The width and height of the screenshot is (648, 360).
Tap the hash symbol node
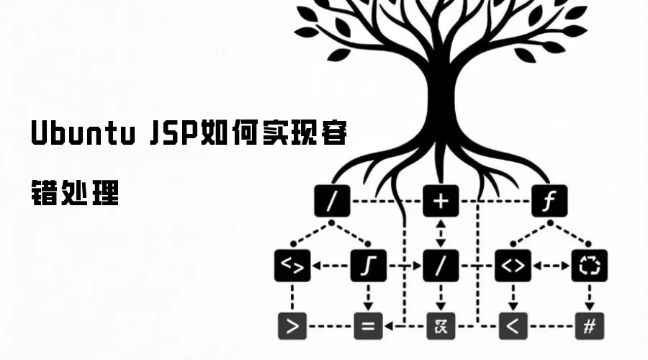[x=588, y=326]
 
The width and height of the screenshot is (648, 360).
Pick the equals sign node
[x=368, y=326]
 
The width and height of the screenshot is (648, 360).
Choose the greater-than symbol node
[x=292, y=326]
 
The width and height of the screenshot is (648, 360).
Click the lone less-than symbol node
[x=513, y=326]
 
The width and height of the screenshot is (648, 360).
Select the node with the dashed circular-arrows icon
[x=589, y=266]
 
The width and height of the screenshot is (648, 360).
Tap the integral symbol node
[x=369, y=266]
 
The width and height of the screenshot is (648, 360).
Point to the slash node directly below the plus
[x=440, y=266]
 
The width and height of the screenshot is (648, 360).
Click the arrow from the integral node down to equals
[x=369, y=297]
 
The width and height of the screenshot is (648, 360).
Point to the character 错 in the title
[x=45, y=193]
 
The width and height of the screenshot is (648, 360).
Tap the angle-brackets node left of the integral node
[x=292, y=266]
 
